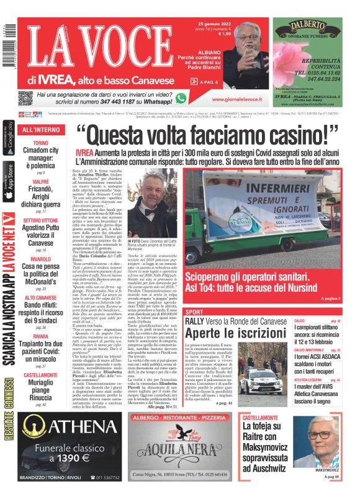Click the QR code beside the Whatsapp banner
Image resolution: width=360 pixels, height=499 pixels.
click(x=25, y=98)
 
